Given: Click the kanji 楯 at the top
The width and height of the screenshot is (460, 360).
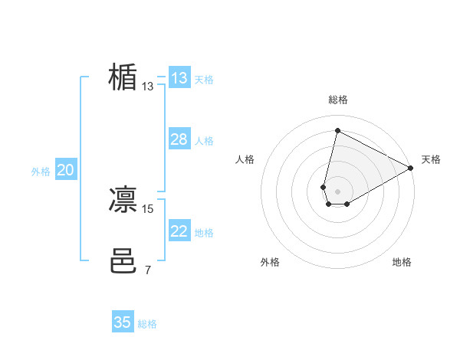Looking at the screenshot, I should (123, 77).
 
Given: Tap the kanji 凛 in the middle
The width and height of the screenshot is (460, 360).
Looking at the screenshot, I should (123, 200).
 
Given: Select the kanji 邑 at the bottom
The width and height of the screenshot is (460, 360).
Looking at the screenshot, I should (123, 261).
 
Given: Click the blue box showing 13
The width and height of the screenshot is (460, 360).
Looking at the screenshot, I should (179, 78).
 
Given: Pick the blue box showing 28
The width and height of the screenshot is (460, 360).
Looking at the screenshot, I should (179, 139).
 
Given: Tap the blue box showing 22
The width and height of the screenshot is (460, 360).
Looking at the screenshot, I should (179, 231).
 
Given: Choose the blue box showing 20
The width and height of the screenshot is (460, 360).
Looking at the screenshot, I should (65, 171).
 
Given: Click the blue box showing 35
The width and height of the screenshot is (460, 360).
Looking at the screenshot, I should (123, 322).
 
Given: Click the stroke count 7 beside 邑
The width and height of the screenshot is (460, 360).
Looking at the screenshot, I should (148, 270).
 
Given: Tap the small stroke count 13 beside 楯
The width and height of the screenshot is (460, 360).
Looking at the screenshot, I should (148, 87).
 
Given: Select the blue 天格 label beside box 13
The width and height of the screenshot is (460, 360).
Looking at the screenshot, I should (203, 79).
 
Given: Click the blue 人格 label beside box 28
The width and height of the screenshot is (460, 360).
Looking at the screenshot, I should (203, 141).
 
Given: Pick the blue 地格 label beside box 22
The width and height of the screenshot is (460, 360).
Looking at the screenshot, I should (203, 233).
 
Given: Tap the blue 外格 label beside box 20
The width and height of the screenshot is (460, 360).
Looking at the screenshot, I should (41, 172).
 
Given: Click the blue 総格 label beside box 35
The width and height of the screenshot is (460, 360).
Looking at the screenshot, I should (147, 324).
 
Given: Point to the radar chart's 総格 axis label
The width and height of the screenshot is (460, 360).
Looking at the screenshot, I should (338, 100).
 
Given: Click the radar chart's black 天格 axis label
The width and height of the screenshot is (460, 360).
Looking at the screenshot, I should (431, 159).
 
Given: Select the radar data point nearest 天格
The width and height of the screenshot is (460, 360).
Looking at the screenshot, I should (412, 168).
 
